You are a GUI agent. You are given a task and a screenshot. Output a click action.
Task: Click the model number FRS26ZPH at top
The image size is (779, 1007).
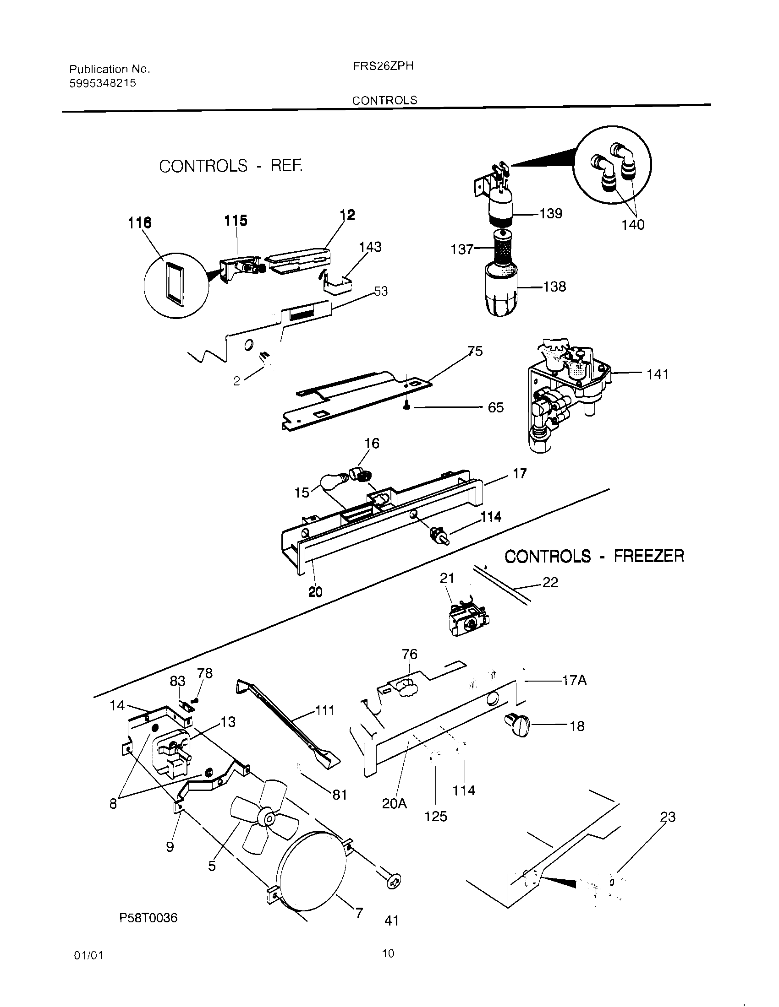click(383, 66)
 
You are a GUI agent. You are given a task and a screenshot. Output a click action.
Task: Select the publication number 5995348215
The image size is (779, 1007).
click(103, 83)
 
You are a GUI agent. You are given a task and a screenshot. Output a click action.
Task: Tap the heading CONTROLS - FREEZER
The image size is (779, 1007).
click(594, 557)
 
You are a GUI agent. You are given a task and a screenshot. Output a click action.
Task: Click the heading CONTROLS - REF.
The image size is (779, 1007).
click(231, 166)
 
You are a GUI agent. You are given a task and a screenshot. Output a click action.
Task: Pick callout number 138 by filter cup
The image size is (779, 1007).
click(554, 287)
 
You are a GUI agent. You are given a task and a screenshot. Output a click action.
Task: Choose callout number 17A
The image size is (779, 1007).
click(574, 681)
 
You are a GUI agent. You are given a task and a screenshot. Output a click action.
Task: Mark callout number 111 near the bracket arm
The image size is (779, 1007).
click(324, 710)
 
